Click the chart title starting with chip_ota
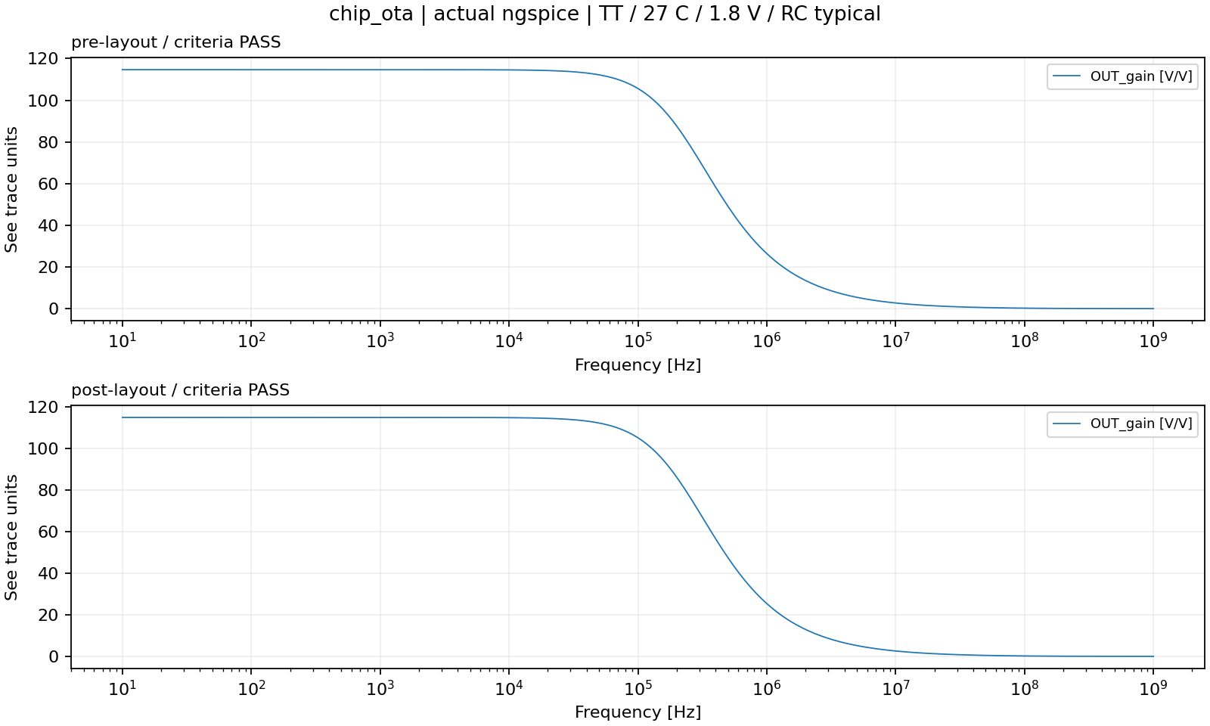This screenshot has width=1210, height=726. click(x=604, y=14)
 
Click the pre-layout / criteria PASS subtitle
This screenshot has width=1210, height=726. click(x=176, y=42)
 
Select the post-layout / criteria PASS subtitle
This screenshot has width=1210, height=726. click(x=181, y=390)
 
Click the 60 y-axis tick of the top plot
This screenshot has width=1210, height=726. click(x=48, y=184)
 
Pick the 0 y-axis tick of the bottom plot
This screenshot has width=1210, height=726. click(x=54, y=657)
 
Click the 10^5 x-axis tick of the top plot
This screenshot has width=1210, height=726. click(x=638, y=340)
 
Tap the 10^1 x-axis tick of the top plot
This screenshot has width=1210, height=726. click(x=122, y=340)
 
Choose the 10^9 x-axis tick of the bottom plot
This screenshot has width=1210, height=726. click(x=1153, y=687)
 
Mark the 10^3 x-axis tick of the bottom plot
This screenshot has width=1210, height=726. click(x=380, y=687)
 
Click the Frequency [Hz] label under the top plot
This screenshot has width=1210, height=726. click(x=638, y=365)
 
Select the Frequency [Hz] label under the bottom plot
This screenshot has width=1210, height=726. click(x=638, y=712)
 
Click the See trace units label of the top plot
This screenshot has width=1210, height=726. click(x=11, y=190)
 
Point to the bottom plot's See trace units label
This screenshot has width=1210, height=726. click(x=11, y=538)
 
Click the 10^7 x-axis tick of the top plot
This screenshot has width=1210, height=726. click(x=895, y=340)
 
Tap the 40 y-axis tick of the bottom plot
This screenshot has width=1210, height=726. click(x=48, y=574)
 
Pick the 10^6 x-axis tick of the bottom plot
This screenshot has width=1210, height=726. click(x=766, y=687)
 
